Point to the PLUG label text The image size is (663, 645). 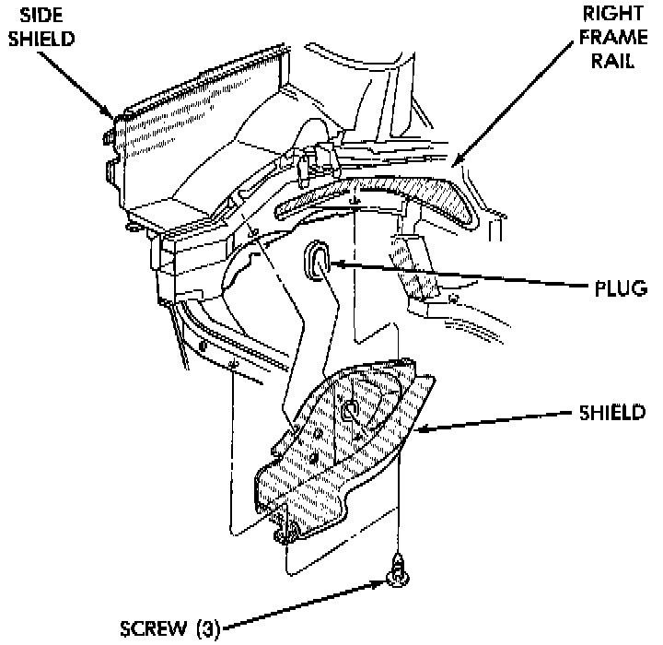618,288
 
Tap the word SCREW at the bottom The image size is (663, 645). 151,630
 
